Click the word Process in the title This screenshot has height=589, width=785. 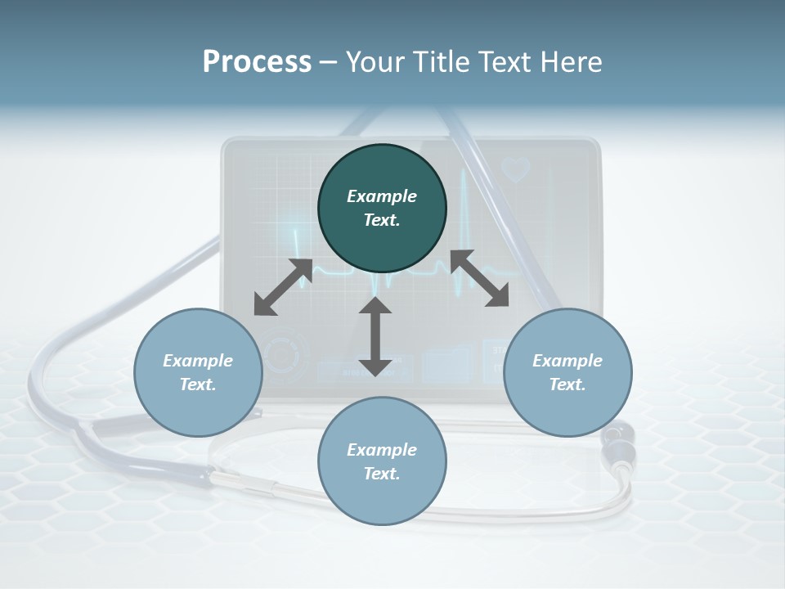pyautogui.click(x=257, y=62)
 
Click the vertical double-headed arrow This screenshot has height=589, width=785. pyautogui.click(x=375, y=336)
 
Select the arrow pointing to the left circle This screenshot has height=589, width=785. pyautogui.click(x=282, y=287)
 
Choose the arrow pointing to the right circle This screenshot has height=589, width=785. pyautogui.click(x=480, y=279)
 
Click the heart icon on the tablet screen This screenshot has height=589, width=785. pyautogui.click(x=517, y=169)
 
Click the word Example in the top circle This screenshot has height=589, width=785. pyautogui.click(x=382, y=196)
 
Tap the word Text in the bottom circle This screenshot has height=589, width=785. pyautogui.click(x=382, y=474)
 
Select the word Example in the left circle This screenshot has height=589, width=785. pyautogui.click(x=198, y=361)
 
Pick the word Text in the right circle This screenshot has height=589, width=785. pyautogui.click(x=567, y=384)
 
